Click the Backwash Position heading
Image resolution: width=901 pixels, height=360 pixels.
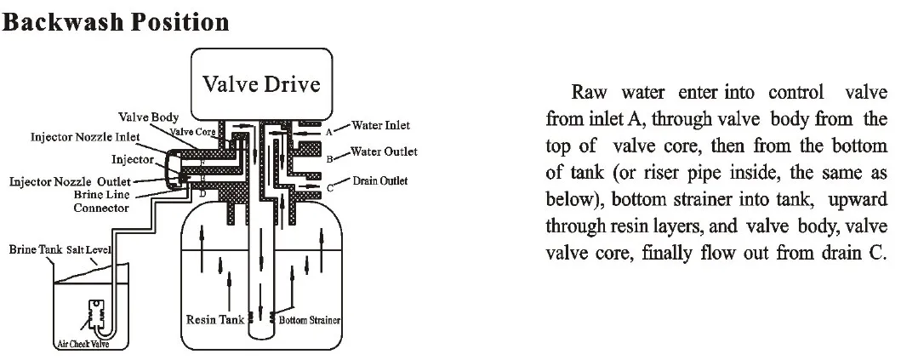(116, 22)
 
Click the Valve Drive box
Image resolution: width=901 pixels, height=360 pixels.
(261, 84)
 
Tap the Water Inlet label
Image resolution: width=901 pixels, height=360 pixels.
(381, 125)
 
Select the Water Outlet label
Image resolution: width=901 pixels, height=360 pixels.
(384, 152)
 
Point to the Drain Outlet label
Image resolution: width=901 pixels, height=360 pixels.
(379, 180)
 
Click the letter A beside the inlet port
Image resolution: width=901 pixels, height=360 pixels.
(329, 132)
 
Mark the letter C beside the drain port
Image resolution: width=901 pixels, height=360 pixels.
(330, 188)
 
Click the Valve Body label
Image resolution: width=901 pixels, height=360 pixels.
(148, 117)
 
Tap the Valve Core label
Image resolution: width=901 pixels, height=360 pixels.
(192, 132)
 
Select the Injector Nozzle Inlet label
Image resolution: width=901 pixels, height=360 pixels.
(85, 137)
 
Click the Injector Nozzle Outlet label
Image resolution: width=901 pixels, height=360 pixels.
(70, 182)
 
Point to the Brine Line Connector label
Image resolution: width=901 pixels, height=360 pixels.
(102, 201)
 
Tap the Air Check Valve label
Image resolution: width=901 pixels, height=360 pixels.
(83, 345)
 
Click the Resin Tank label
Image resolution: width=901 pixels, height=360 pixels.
(215, 319)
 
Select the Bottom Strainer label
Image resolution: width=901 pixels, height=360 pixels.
(309, 320)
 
